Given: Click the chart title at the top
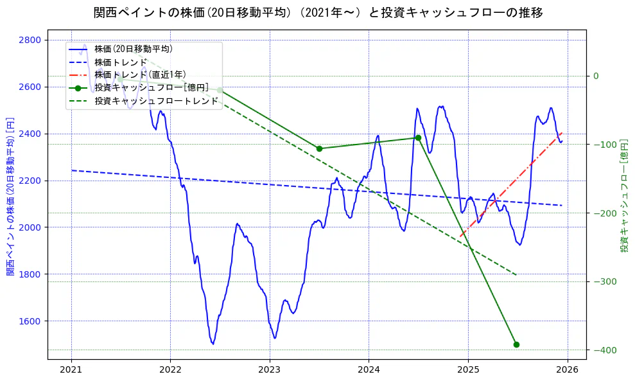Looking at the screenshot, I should pos(318,13).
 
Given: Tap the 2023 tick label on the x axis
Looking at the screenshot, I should pos(270,370).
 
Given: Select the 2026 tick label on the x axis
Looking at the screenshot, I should pos(567,370).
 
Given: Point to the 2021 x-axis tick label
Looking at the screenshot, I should pos(71,370).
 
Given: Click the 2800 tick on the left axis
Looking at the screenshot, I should pos(31,40).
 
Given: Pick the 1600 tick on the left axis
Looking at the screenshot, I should pos(31,321).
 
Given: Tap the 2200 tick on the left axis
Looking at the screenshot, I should pos(31,181).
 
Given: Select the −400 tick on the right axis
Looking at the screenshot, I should pos(604,350).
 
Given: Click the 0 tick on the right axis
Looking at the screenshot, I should pos(596,76).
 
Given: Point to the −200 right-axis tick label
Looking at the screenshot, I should pos(604,213).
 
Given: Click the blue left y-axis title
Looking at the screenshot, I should pos(10,197).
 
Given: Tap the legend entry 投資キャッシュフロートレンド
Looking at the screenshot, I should pos(156,102).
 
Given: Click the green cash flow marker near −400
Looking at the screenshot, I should pos(516,345).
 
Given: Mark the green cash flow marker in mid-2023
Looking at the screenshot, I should pos(319,148).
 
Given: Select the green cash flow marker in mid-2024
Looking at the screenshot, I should pos(418,137).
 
